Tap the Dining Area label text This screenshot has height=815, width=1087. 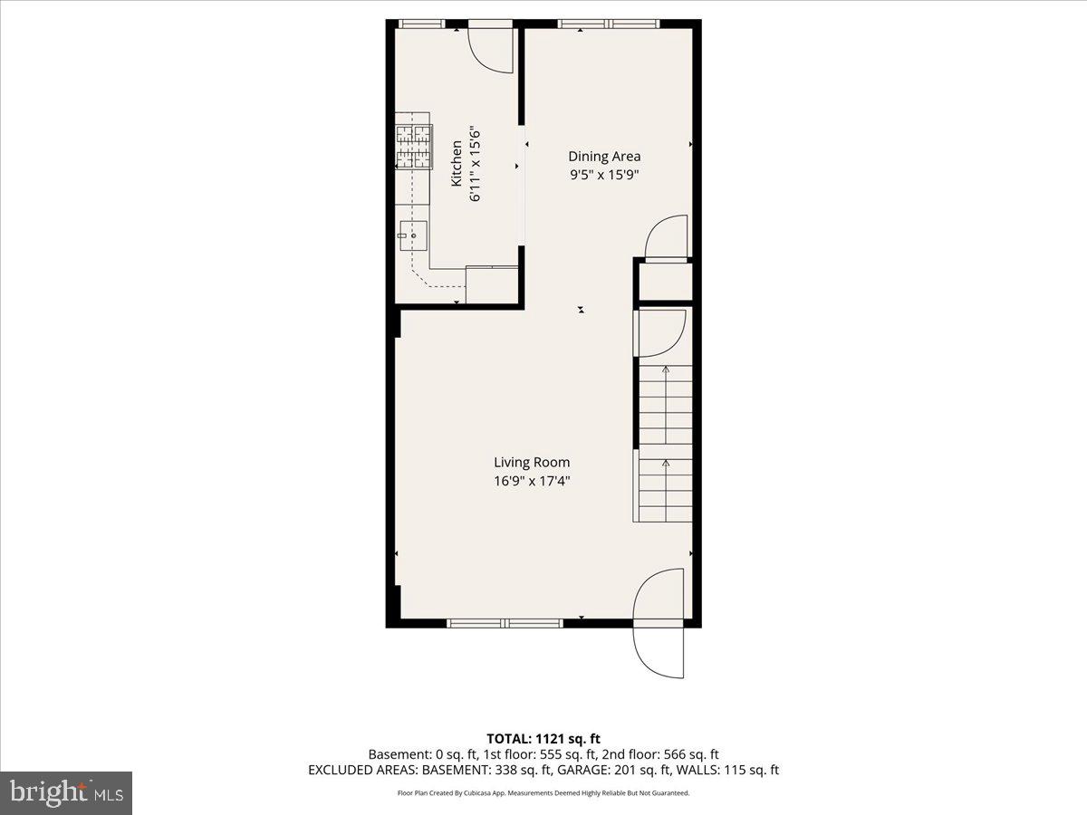point(604,157)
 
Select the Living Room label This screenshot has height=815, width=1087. point(532,463)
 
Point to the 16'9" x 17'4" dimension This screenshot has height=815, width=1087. point(532,482)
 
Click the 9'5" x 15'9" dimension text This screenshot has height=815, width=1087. point(604,176)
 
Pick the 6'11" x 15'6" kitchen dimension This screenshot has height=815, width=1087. point(476,163)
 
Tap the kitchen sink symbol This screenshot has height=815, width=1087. point(413,235)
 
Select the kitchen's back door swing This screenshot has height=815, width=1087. point(491,50)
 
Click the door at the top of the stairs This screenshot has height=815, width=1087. point(661,333)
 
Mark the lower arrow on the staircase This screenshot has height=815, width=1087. point(666,465)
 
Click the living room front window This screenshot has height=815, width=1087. point(505,623)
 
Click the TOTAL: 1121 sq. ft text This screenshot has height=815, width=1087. point(543,739)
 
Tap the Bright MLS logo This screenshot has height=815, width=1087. point(66,792)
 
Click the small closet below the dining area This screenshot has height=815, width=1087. point(665,282)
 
